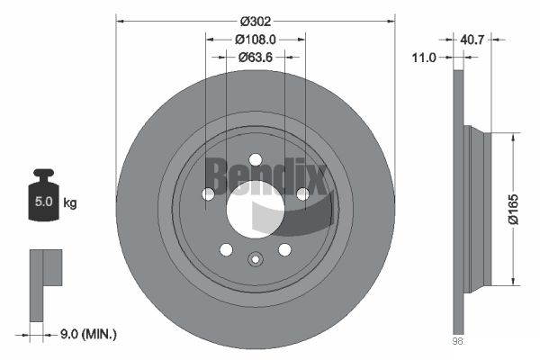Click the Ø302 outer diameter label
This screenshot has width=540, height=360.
256,22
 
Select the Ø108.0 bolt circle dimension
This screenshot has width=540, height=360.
256,40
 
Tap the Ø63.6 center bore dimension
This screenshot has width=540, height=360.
256,58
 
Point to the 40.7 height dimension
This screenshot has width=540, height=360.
472,40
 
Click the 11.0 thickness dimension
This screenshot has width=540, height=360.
424,58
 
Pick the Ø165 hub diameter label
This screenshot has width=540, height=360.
513,209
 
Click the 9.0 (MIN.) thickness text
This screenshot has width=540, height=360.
88,334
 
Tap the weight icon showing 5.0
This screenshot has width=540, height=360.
43,195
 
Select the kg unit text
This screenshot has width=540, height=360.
70,202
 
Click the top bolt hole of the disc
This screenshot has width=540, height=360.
256,160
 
